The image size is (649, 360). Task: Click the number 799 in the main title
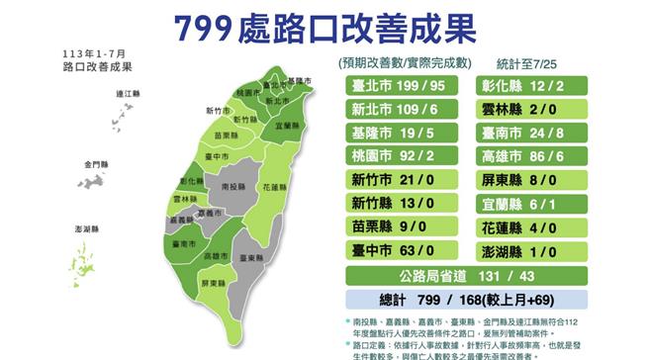[201, 28]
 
